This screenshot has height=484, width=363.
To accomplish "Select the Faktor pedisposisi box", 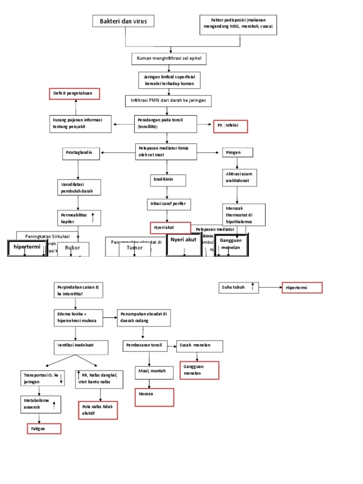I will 238,25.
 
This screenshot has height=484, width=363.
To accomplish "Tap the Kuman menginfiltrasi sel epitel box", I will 169,59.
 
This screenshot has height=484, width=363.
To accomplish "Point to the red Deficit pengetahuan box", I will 75,94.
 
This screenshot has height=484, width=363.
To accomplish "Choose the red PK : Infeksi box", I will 230,126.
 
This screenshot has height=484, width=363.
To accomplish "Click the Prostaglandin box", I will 82,153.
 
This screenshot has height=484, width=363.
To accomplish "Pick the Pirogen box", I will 238,153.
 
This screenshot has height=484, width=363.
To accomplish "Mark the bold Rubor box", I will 73,248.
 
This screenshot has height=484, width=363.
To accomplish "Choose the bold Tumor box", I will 134,248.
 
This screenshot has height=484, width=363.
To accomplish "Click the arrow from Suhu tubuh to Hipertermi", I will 270,287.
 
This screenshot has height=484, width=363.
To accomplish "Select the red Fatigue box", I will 44,428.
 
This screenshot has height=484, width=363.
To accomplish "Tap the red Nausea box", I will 154,397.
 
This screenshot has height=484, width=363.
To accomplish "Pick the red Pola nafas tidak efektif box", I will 97,409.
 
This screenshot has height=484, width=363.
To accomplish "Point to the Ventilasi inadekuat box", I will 81,347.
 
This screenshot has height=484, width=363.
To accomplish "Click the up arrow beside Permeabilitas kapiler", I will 93,217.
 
